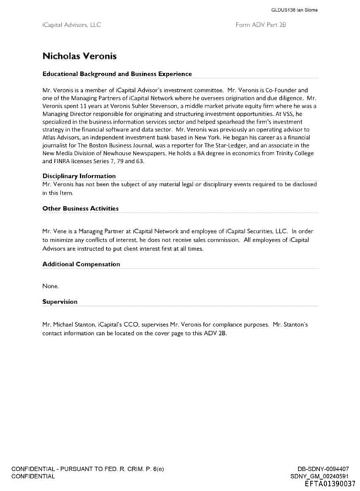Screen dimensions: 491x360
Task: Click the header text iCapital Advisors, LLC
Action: [72, 25]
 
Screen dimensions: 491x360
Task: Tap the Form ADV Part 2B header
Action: [261, 25]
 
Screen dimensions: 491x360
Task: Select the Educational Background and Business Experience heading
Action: [117, 74]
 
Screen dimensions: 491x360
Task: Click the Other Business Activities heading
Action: [80, 208]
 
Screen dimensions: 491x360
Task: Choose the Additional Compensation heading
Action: [81, 264]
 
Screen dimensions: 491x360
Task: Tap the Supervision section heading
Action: [60, 301]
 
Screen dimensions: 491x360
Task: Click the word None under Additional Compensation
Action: [51, 286]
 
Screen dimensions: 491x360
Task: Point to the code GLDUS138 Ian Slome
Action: [294, 9]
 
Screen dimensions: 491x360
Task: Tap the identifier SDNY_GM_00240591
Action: [319, 476]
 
